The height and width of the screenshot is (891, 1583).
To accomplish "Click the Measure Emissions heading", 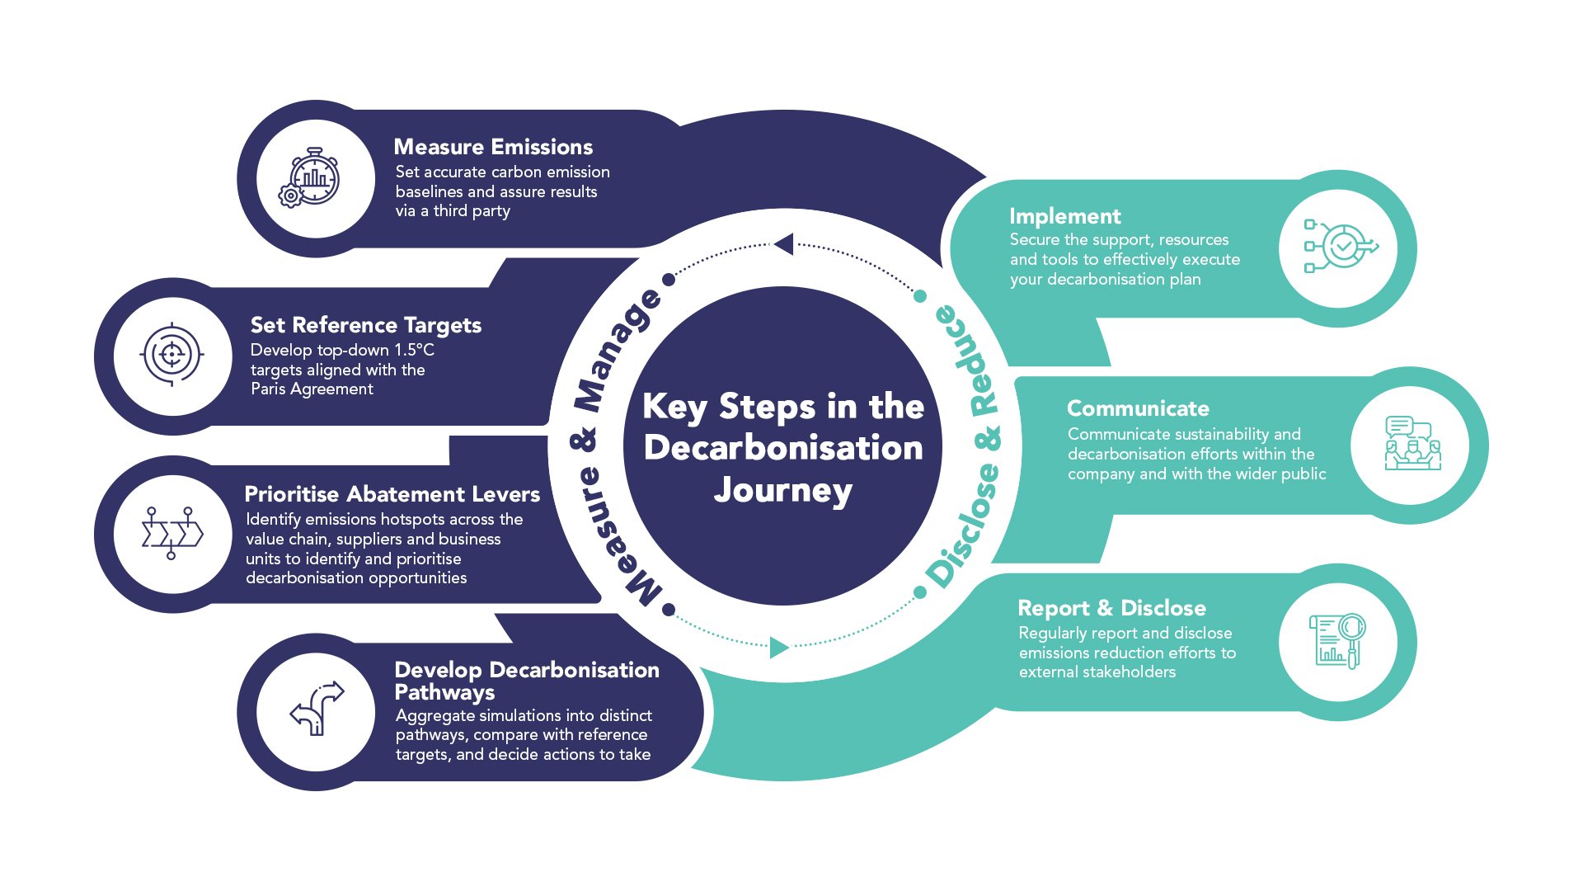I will pyautogui.click(x=493, y=147).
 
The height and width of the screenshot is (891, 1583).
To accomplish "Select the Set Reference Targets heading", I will pyautogui.click(x=365, y=325).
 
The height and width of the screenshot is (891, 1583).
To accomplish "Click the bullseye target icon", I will pyautogui.click(x=171, y=355).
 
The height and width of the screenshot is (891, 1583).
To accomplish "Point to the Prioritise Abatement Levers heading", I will pyautogui.click(x=392, y=494).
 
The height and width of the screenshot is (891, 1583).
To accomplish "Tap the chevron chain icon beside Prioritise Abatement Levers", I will pyautogui.click(x=171, y=534).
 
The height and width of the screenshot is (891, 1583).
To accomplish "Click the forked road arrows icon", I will pyautogui.click(x=317, y=709).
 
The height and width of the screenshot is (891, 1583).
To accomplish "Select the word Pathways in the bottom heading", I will pyautogui.click(x=444, y=693).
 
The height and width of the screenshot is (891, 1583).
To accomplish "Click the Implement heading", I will pyautogui.click(x=1064, y=216).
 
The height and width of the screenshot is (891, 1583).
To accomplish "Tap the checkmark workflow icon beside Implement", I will pyautogui.click(x=1340, y=246).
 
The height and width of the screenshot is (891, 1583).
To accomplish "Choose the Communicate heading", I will pyautogui.click(x=1138, y=408).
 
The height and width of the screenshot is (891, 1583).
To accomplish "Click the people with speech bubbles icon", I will pyautogui.click(x=1412, y=444).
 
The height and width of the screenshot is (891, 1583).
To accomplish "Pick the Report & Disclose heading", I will pyautogui.click(x=1111, y=608).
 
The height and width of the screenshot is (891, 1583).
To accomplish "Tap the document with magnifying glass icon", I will pyautogui.click(x=1337, y=641).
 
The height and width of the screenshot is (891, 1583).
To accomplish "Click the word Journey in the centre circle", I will pyautogui.click(x=782, y=490).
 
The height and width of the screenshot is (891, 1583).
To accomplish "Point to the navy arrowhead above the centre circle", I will pyautogui.click(x=784, y=244).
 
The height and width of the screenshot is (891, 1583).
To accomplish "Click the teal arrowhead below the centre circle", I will pyautogui.click(x=778, y=648).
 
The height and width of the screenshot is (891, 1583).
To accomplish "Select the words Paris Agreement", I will pyautogui.click(x=312, y=389).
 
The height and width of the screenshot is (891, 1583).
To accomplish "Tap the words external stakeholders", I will pyautogui.click(x=1097, y=672).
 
